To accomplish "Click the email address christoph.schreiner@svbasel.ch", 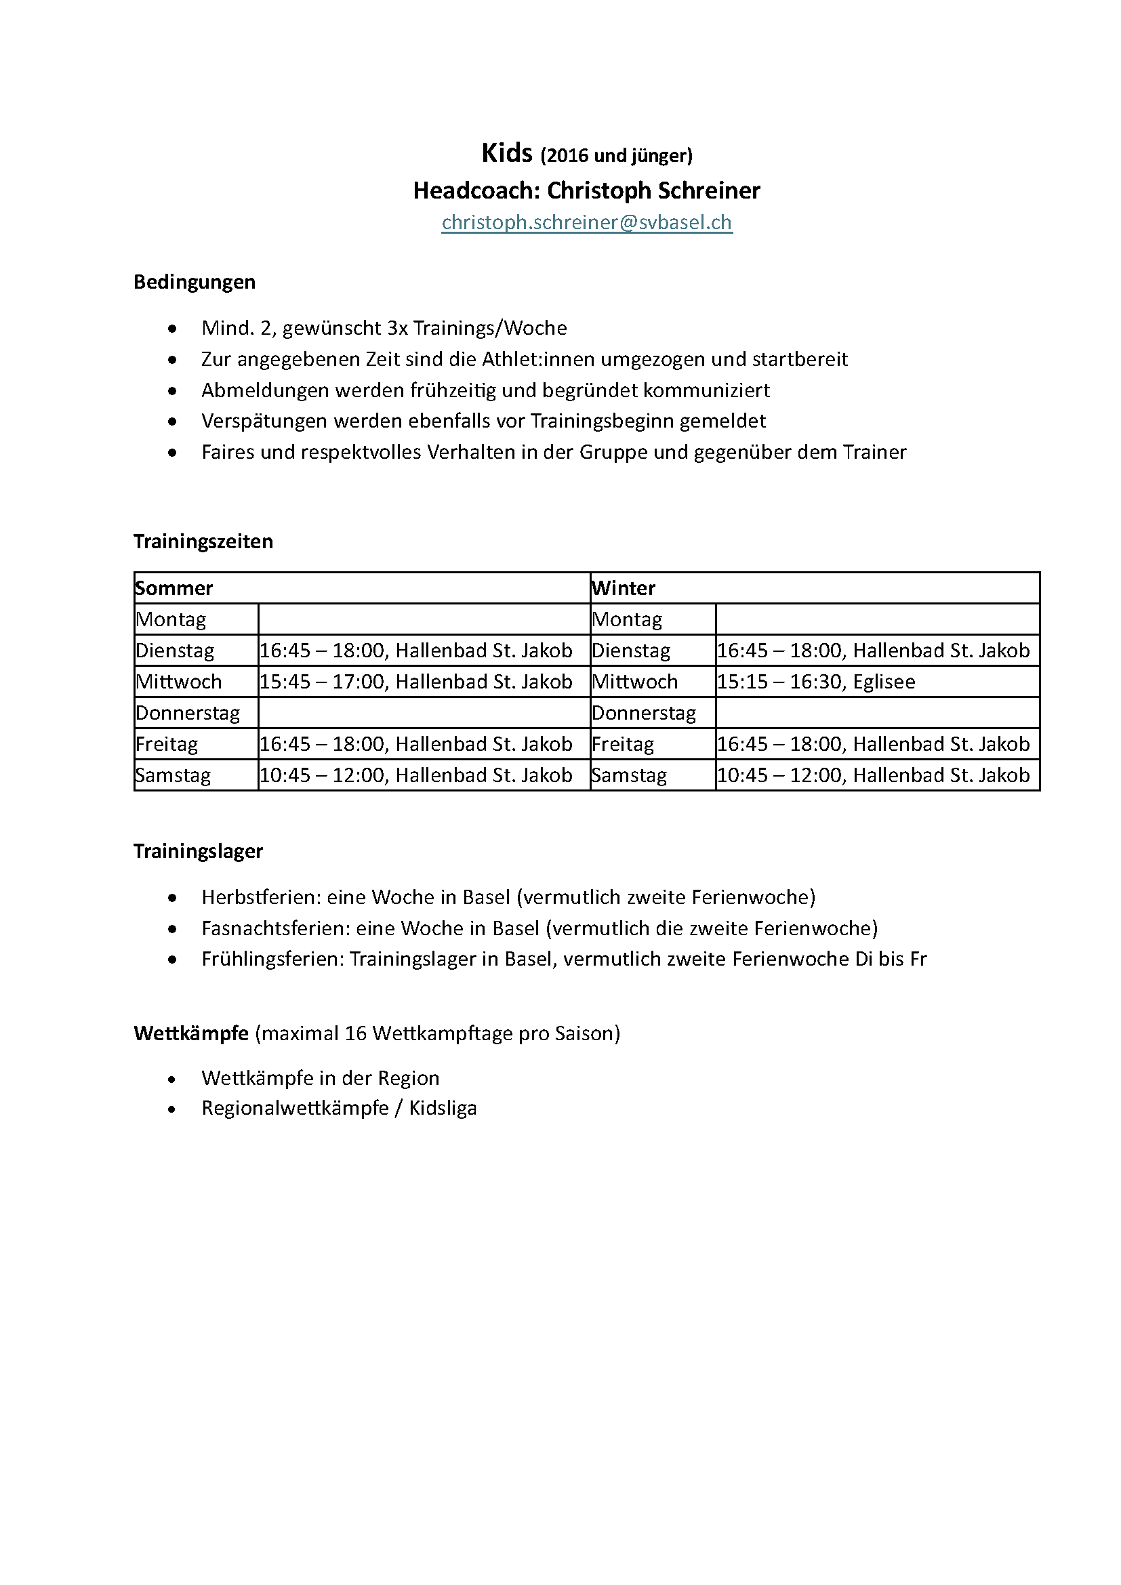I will click(586, 222).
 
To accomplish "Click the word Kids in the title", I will click(507, 152).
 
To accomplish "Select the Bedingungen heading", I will click(194, 282).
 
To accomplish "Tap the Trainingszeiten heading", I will click(203, 541).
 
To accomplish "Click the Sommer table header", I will click(174, 588).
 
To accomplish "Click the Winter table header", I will click(624, 588).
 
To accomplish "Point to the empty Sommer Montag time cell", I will click(423, 619).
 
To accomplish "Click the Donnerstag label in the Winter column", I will click(644, 713).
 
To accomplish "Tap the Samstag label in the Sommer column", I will click(174, 775).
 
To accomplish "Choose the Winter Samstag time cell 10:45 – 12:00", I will click(873, 775).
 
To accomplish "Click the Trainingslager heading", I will click(198, 851).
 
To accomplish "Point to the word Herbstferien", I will click(261, 897).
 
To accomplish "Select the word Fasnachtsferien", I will click(275, 928).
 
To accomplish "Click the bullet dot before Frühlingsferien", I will click(172, 960).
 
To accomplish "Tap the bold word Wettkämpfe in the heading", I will click(191, 1033).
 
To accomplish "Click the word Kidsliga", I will click(443, 1108).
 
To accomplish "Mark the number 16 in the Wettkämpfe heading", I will click(356, 1033).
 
